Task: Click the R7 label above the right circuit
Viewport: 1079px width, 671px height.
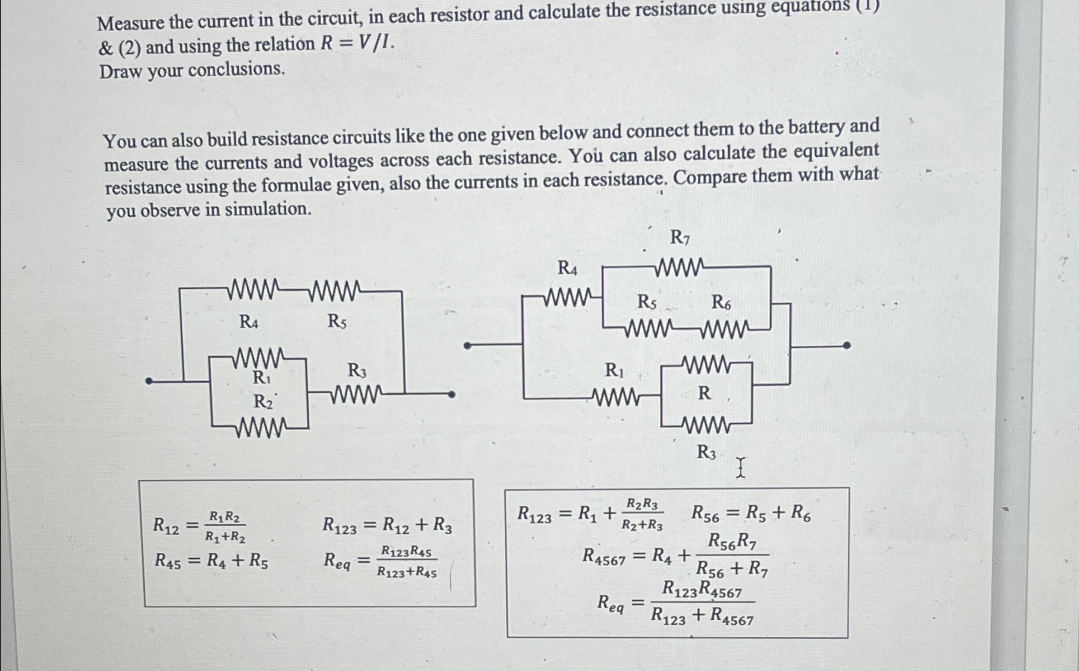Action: tap(680, 238)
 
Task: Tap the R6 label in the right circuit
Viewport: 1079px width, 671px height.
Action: tap(721, 303)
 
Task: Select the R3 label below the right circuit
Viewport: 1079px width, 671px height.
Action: tap(706, 452)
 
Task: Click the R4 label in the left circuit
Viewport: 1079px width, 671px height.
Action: tap(249, 322)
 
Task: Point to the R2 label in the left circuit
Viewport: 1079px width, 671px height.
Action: tap(263, 402)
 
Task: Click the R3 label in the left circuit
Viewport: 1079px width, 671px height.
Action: tap(356, 370)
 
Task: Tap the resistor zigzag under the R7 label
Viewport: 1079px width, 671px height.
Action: tap(679, 267)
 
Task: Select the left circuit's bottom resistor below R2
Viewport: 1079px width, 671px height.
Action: tap(260, 430)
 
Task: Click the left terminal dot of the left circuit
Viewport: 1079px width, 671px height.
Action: tap(149, 381)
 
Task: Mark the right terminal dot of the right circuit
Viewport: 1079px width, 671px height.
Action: tap(847, 346)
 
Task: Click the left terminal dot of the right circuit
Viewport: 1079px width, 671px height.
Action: tap(467, 346)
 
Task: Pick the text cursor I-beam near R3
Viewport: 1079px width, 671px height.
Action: tap(740, 468)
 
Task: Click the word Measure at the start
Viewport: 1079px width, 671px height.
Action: tap(131, 23)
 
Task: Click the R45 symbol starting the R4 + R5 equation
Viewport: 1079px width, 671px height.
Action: tap(167, 561)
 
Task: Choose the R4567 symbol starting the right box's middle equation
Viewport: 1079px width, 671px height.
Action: tap(604, 557)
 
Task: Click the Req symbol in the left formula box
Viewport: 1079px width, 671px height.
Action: tap(337, 561)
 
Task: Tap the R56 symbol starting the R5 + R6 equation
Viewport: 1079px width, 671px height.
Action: tap(705, 514)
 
